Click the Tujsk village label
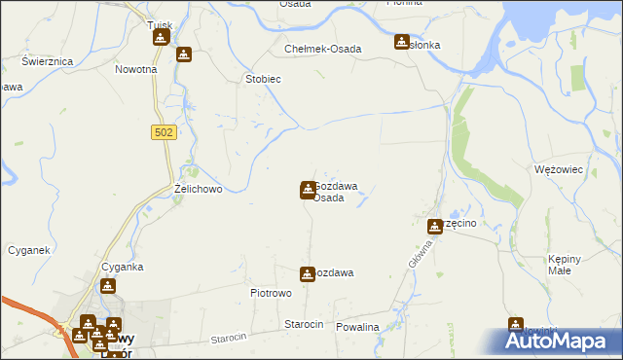[x=159, y=25]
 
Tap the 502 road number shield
[x=164, y=132]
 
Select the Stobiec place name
[x=263, y=79]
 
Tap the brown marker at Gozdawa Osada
[x=308, y=189]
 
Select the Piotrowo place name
[x=272, y=293]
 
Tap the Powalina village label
[x=356, y=327]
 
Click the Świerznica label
[x=49, y=61]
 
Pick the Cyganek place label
[x=28, y=250]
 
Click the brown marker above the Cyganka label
[x=108, y=287]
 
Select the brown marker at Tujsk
[x=161, y=38]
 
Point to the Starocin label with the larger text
[x=303, y=324]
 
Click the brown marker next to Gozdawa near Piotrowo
[x=308, y=274]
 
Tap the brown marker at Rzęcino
[x=436, y=227]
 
